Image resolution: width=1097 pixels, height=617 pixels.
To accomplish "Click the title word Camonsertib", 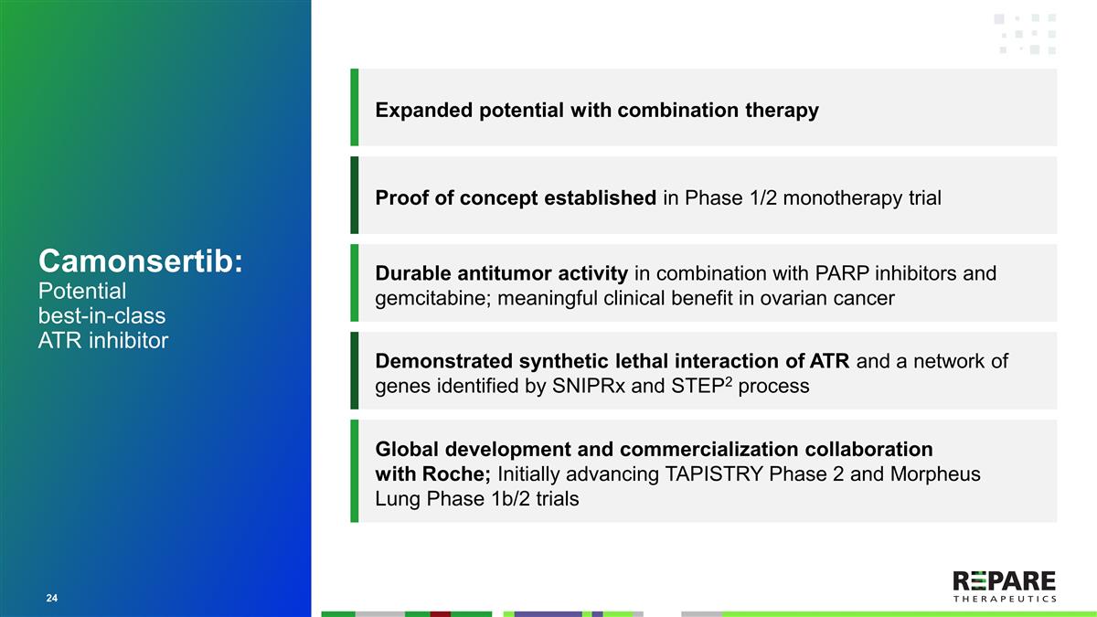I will pos(139,261).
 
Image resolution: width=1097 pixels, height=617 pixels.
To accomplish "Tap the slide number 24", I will pos(52,598).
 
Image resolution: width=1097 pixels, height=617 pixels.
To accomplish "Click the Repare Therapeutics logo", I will pos(1004,586).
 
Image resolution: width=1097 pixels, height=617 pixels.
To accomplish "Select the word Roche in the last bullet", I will pos(459,474).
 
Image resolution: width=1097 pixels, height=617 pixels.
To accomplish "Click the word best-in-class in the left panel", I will pos(102,316).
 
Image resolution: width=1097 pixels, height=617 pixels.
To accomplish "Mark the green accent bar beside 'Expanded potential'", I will pos(354,107).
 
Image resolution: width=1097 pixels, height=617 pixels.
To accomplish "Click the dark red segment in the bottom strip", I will pos(441,613).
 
